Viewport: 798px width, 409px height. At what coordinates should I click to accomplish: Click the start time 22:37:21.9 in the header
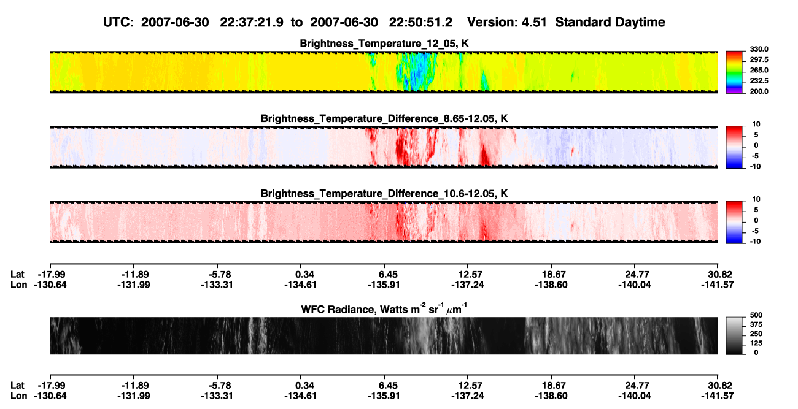tap(252, 23)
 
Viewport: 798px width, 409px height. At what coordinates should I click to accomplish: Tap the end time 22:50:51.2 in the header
tap(420, 23)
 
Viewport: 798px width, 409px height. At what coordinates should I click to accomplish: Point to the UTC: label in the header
tap(118, 23)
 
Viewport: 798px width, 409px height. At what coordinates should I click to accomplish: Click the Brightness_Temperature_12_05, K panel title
tap(384, 44)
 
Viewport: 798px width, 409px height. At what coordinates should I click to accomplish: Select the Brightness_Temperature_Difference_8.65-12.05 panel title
tap(384, 118)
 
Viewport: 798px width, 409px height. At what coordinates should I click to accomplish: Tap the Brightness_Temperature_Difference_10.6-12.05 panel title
tap(384, 194)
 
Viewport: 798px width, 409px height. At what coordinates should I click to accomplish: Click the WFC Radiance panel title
tap(384, 309)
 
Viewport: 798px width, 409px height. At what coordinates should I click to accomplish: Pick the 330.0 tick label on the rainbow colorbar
tap(759, 49)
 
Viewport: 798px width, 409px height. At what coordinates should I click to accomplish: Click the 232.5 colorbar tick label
tap(759, 81)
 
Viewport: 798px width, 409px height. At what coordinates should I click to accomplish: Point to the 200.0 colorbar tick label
tap(759, 91)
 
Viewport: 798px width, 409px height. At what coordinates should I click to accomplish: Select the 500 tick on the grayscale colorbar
tap(756, 315)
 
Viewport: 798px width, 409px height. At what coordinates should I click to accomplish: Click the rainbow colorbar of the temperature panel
tap(734, 72)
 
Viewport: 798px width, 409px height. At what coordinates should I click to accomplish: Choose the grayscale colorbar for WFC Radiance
tap(734, 335)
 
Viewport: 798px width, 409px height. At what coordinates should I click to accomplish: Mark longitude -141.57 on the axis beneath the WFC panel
tap(718, 396)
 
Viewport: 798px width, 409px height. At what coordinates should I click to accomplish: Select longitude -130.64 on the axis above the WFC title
tap(50, 285)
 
